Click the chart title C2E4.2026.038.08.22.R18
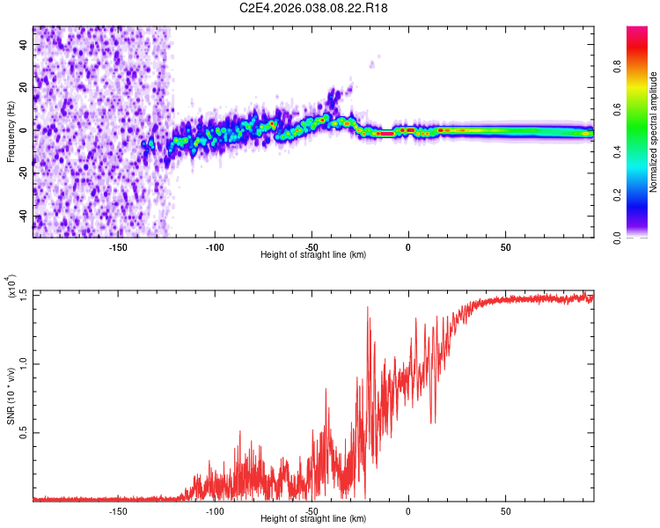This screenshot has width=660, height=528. [x=327, y=8]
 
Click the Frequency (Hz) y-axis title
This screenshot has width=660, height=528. [x=11, y=133]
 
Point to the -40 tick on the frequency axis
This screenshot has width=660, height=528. [x=23, y=216]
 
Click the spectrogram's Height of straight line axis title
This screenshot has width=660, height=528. [x=313, y=254]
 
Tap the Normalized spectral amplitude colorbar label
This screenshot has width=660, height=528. [x=654, y=133]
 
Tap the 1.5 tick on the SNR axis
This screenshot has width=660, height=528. [x=22, y=293]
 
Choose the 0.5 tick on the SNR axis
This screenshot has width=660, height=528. [x=22, y=432]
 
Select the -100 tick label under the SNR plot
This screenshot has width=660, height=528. [x=215, y=511]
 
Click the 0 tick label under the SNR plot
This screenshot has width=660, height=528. [x=408, y=511]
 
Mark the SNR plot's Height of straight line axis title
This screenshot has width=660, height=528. [x=313, y=520]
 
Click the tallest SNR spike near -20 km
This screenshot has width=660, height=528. [x=368, y=308]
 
